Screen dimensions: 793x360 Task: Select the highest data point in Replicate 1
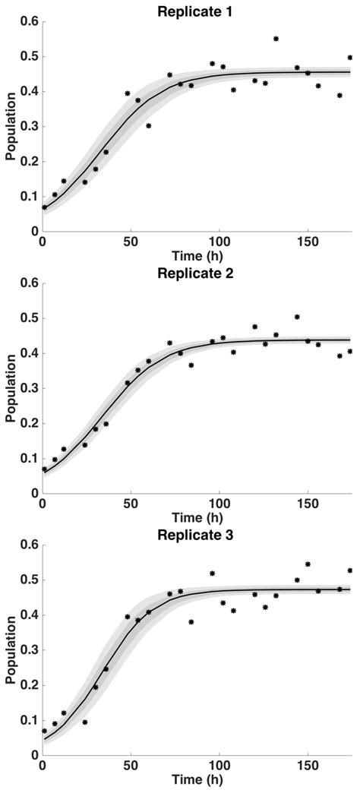click(x=276, y=39)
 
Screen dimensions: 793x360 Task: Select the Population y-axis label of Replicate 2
click(x=10, y=388)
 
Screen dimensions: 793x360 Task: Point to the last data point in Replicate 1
click(x=350, y=58)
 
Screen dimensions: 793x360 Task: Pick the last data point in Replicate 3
click(x=350, y=570)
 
